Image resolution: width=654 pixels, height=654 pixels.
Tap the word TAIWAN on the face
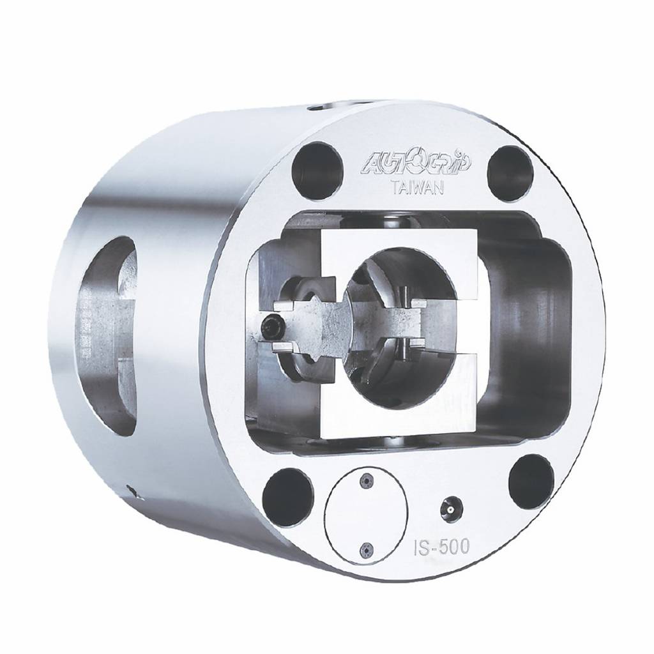417,188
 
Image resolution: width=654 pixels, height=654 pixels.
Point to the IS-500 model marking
442,546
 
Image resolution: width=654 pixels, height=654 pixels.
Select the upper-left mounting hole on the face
317,167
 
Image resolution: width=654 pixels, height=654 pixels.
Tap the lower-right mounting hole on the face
531,479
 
